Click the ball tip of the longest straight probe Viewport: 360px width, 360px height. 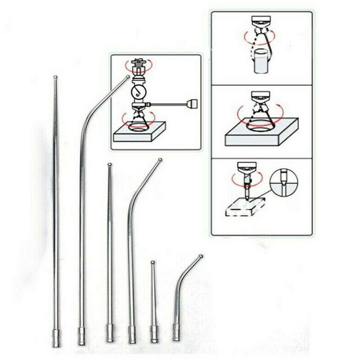[55, 77]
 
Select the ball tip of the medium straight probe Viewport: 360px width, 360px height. [110, 165]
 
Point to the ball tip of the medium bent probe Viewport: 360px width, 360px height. [160, 160]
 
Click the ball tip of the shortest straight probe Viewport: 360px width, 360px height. [153, 262]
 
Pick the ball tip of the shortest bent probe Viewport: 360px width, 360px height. [201, 256]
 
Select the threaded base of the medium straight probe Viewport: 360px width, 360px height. [110, 333]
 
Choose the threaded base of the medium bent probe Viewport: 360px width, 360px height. [132, 334]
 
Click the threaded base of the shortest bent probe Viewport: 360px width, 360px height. [176, 332]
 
